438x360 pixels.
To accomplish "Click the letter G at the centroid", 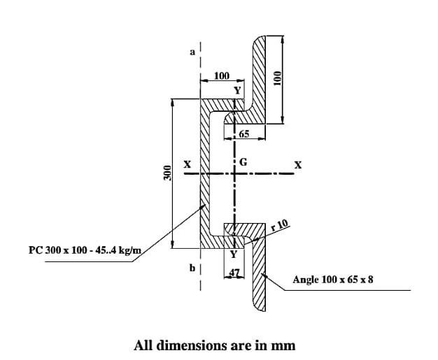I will coord(243,162).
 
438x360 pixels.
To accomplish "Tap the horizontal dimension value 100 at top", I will coord(221,75).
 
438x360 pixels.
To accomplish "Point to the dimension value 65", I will coord(244,133).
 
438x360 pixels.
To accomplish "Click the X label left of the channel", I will coord(188,165).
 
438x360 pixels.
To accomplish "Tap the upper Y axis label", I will coord(237,90).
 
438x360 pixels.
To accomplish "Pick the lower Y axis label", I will coord(234,252).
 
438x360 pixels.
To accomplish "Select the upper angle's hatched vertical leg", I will coord(257,77).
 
